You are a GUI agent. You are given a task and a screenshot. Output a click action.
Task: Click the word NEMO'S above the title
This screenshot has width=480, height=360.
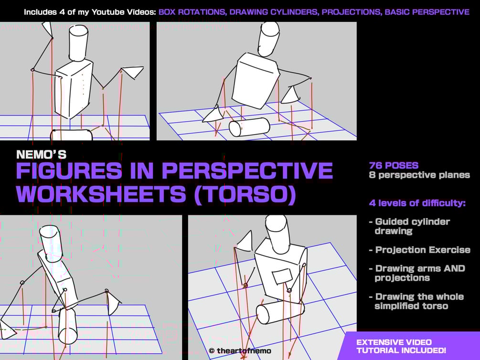point(42,154)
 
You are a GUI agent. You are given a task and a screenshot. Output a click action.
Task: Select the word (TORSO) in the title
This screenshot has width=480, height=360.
point(245,194)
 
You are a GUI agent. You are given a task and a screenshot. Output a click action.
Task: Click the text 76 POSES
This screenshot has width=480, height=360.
point(394,165)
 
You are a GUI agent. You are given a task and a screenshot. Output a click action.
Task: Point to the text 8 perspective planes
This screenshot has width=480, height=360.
point(419,175)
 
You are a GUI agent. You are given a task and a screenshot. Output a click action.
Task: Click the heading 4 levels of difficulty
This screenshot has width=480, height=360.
point(417,203)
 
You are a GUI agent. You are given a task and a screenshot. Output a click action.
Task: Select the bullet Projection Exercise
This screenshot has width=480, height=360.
point(420,250)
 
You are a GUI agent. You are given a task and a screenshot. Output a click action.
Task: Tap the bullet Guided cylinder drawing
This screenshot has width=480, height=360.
point(410,226)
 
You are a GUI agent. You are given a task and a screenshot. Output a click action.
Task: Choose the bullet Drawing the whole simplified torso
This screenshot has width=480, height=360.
point(416,301)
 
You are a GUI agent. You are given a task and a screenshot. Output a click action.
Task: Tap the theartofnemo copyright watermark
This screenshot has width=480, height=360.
point(240,351)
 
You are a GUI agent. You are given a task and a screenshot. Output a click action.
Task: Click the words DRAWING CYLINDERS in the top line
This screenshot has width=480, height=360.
point(274,12)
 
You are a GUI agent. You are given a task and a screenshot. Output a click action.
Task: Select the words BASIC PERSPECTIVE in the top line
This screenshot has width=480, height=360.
point(427,12)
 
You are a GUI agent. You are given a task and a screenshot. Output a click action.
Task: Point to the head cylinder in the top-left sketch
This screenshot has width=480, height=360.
point(79,43)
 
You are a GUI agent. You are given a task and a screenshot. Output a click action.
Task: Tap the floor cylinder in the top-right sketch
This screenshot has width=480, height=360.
point(249,127)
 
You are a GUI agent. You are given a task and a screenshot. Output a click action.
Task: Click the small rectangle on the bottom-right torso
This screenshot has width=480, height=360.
point(282,277)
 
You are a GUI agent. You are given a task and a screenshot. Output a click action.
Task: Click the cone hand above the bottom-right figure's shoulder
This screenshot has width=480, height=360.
point(245,240)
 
